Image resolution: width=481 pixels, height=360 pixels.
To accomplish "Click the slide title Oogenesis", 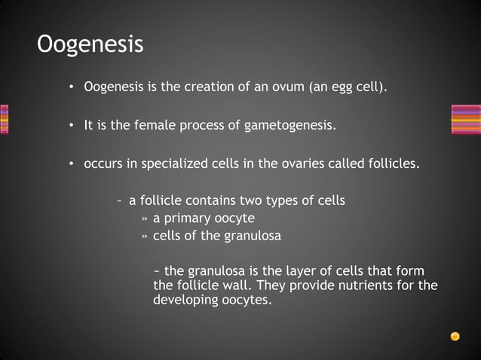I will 90,44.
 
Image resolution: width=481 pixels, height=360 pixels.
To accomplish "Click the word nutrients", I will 366,285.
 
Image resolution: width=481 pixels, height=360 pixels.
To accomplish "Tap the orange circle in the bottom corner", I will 455,336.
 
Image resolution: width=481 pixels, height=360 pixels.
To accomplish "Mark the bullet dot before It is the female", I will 70,126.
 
